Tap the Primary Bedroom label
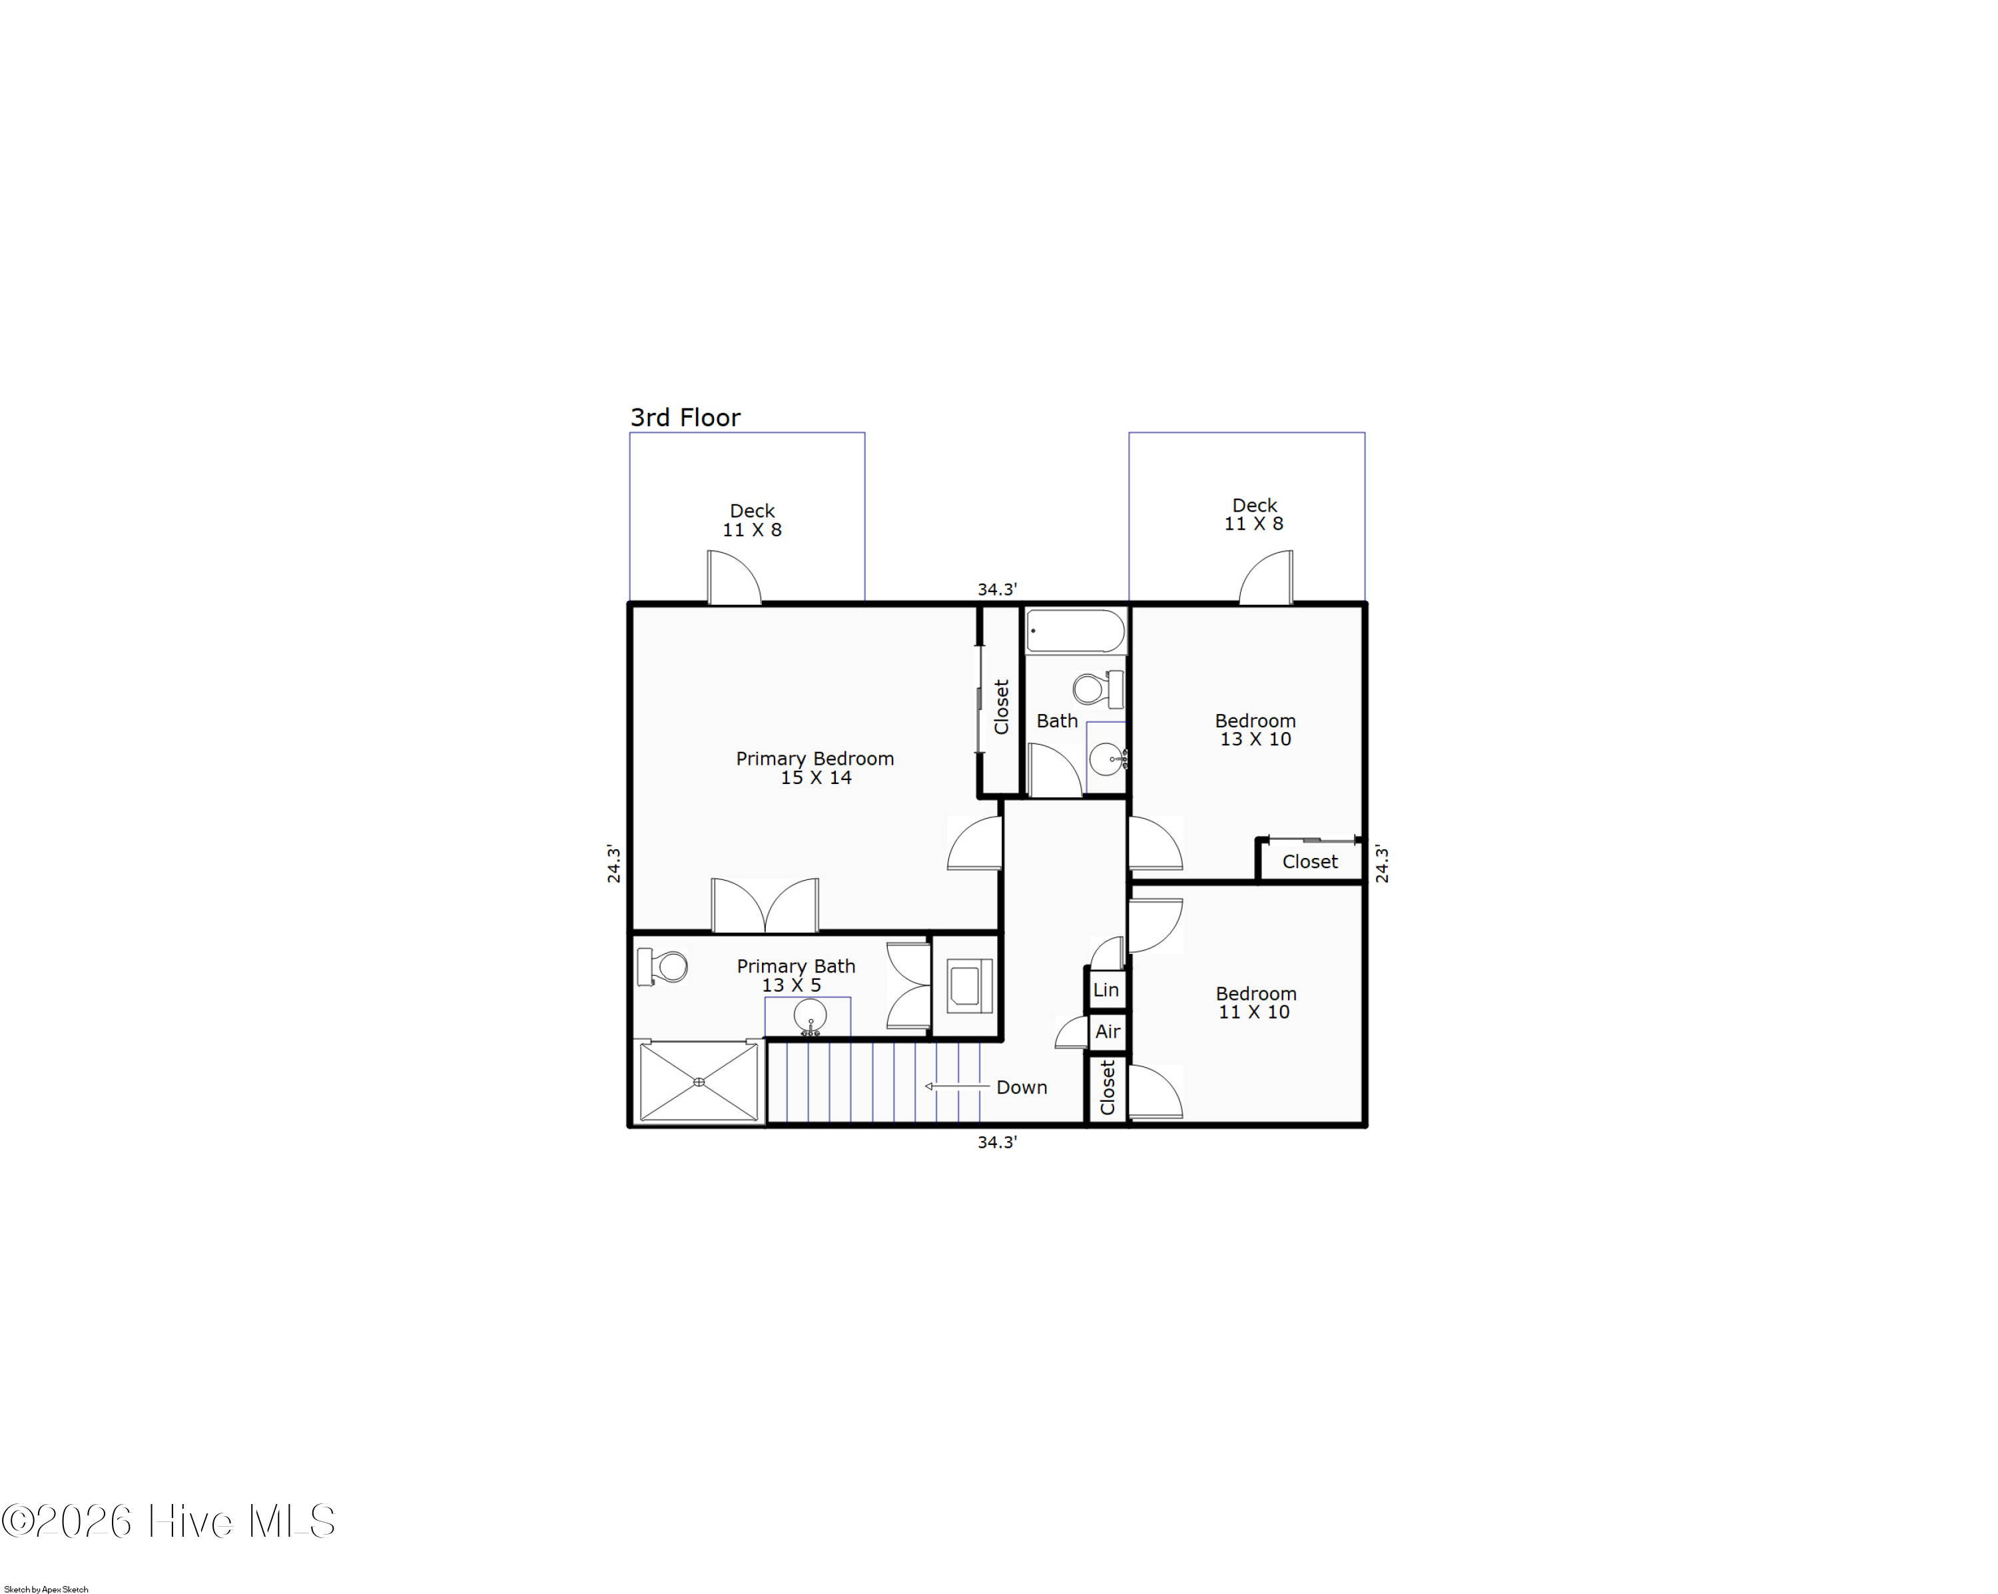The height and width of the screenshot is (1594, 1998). coord(815,767)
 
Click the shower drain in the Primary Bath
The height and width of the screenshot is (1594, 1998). coord(699,1082)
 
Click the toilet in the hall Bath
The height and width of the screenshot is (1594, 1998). coord(1096,689)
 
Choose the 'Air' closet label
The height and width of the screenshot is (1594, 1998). coord(1108,1031)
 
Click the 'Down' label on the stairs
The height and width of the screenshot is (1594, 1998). coord(1021,1087)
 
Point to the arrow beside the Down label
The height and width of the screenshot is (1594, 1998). coord(957,1086)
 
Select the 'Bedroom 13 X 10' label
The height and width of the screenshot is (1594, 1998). coord(1255,729)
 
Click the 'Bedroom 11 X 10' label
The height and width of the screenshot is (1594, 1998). coord(1255,1002)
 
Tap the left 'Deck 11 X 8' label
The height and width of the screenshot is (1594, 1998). coord(751,520)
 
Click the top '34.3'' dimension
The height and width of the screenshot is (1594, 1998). coord(997,590)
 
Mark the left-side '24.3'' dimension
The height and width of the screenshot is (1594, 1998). coord(613,863)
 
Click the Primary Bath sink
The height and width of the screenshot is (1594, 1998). coord(810,1016)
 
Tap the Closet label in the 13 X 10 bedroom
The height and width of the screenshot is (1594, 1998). coord(1309,862)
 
